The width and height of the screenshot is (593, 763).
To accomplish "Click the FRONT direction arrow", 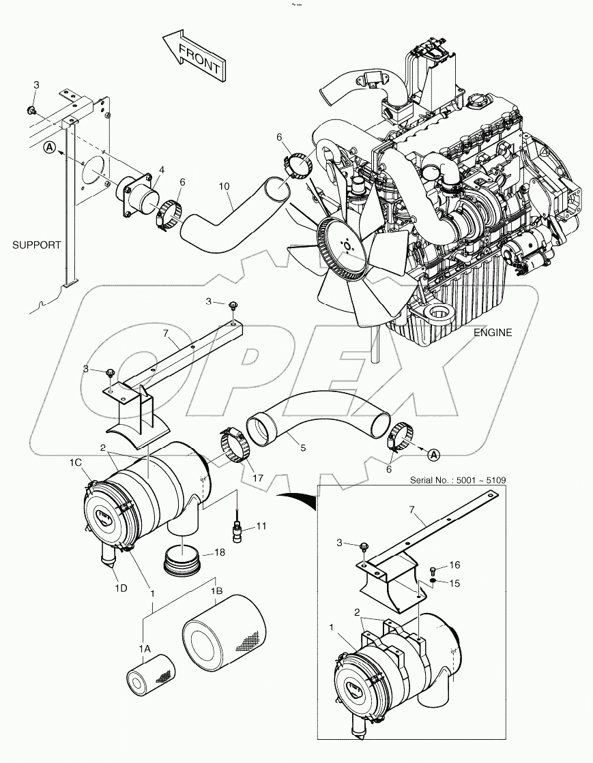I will click(195, 55).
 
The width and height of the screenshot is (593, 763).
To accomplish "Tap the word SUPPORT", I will click(36, 245).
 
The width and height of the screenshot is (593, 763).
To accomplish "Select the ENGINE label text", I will click(493, 333).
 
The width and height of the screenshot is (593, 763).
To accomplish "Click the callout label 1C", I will click(75, 462).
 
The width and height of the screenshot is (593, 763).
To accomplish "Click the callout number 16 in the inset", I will click(455, 565).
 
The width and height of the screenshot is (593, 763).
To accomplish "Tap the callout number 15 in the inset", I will click(455, 583).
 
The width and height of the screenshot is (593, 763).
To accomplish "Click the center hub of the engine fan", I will click(347, 245).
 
